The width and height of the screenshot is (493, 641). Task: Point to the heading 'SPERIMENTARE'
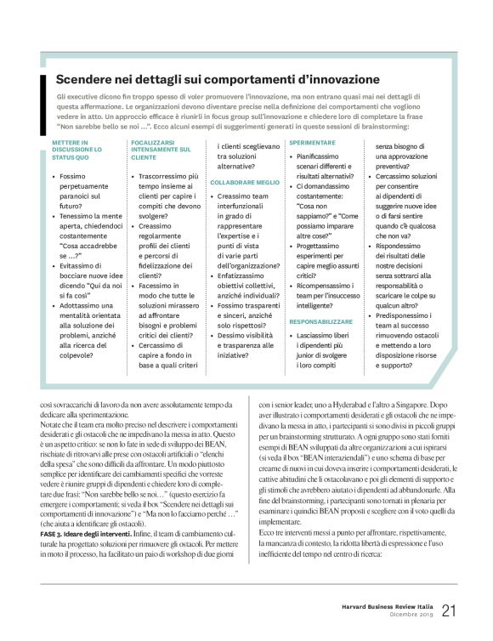312,143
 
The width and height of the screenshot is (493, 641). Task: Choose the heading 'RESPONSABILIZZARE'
322,298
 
